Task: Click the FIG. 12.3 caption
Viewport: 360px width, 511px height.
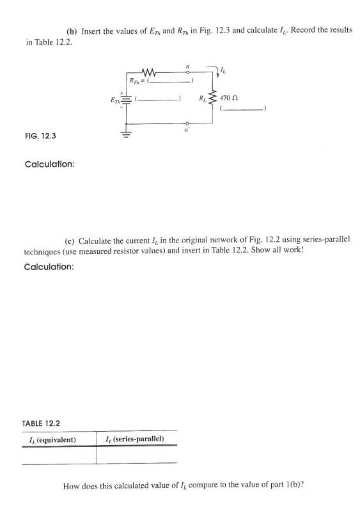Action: coord(37,136)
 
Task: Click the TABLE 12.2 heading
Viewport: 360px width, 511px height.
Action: coord(43,423)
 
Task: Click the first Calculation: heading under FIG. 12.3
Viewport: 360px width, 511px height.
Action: coord(49,164)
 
